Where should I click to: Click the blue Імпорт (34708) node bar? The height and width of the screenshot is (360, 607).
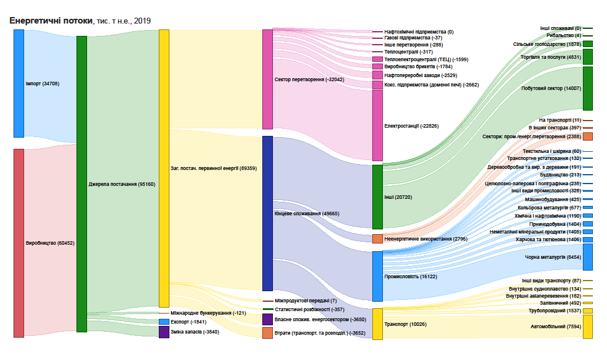point(19,83)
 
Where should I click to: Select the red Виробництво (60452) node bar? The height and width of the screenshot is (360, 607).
point(19,242)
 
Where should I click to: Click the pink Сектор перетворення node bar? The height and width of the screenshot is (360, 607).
point(267,79)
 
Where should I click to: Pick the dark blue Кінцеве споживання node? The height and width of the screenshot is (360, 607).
point(267,213)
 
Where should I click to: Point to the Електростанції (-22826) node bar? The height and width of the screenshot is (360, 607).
point(377,125)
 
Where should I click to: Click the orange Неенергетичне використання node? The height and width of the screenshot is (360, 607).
point(377,239)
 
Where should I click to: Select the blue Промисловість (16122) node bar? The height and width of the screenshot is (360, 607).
point(377,276)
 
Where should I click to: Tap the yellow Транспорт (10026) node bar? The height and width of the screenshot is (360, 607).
point(377,324)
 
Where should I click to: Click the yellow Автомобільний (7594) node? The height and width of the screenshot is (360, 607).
point(588,326)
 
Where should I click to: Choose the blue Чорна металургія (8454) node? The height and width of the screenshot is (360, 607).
point(588,257)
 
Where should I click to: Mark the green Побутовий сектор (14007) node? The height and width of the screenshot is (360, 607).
point(588,88)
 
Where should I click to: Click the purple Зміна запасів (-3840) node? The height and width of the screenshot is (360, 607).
point(164,332)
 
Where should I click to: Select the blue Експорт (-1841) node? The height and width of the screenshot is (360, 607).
point(164,322)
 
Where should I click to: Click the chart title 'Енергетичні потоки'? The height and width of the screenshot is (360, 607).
point(51,21)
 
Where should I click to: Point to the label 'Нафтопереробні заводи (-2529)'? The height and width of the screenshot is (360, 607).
point(420,75)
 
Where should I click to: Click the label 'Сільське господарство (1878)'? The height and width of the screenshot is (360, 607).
point(546,44)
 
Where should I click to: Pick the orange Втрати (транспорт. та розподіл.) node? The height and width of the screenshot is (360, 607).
point(267,333)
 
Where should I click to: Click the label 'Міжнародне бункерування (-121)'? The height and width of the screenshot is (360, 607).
point(208,313)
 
